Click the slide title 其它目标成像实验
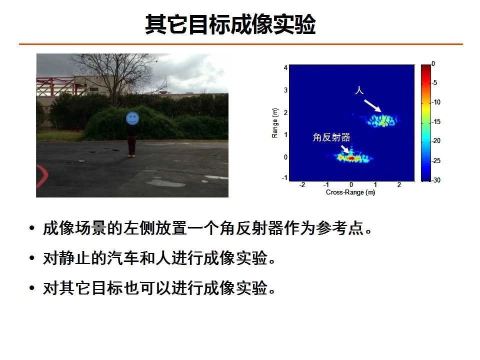(230, 24)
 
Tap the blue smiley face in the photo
(132, 118)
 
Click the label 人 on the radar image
(359, 90)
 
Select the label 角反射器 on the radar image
(331, 137)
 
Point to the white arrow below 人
(372, 105)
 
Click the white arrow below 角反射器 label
(345, 149)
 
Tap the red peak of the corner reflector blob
(351, 158)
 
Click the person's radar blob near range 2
(381, 120)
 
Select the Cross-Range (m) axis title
(350, 192)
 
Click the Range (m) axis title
(274, 123)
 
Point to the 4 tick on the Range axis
(285, 67)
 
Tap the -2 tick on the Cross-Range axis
(302, 184)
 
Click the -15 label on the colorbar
(436, 121)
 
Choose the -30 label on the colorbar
(436, 180)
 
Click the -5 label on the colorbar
(434, 82)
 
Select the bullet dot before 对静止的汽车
(32, 258)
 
